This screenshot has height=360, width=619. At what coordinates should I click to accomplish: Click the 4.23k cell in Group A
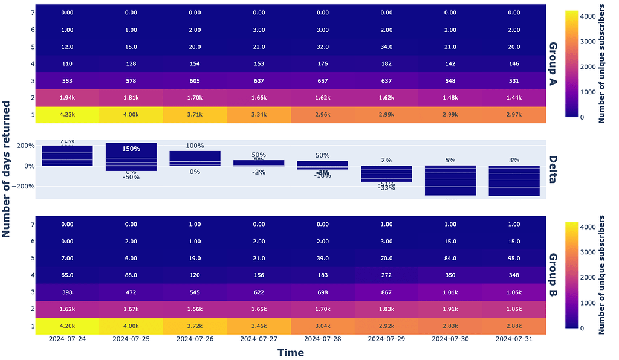click(x=67, y=114)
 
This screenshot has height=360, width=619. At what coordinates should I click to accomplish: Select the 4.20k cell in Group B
click(x=67, y=326)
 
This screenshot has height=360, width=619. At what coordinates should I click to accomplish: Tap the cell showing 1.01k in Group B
click(x=450, y=292)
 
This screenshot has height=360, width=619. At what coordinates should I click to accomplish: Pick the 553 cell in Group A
click(x=67, y=80)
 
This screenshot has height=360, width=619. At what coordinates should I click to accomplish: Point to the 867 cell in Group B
click(x=386, y=292)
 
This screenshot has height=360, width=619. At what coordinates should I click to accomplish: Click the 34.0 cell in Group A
click(x=386, y=47)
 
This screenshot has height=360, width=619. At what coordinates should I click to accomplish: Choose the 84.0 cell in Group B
click(x=450, y=258)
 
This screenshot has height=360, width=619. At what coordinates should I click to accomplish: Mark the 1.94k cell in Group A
click(x=67, y=97)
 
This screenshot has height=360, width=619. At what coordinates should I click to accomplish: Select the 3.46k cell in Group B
click(x=259, y=326)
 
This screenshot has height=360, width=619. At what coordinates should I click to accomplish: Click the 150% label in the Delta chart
click(x=131, y=149)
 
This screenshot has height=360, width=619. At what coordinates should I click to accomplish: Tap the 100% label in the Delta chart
click(x=195, y=146)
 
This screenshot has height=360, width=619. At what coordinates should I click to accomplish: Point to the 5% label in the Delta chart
click(x=450, y=160)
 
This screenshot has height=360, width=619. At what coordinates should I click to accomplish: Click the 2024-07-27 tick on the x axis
click(x=259, y=339)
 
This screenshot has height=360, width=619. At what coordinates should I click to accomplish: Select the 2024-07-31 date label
click(x=514, y=339)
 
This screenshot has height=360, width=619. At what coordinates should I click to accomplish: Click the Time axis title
click(x=290, y=353)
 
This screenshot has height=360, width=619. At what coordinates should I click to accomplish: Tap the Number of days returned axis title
click(x=7, y=169)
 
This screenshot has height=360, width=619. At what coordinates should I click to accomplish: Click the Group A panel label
click(x=553, y=64)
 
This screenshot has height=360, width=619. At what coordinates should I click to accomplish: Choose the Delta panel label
click(x=553, y=169)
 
